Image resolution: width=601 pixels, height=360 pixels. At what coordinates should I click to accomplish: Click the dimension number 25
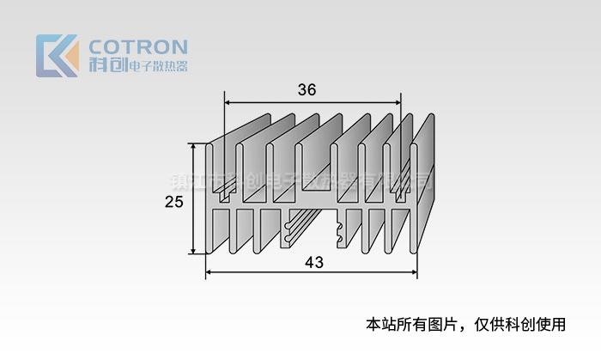(x=174, y=202)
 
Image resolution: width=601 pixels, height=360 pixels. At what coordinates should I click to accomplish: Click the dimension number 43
(x=313, y=263)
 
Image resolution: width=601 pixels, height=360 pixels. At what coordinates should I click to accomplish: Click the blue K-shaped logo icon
(x=57, y=56)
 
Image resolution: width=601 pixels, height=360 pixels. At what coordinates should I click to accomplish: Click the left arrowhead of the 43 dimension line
(x=209, y=275)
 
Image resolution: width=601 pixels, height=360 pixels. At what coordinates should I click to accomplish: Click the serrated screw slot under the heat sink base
(x=344, y=229)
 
